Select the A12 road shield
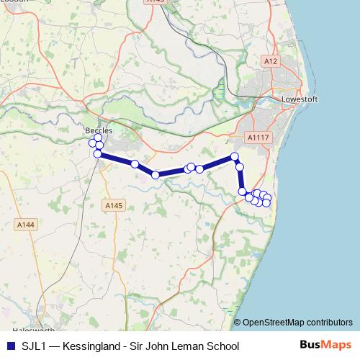pos(270,62)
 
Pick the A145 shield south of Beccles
pos(114,206)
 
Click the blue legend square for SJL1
pos(11,346)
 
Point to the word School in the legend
pos(221,346)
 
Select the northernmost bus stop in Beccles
pos(99,138)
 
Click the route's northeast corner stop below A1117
pos(234,156)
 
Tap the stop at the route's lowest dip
pos(155,174)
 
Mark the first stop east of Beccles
pos(135,163)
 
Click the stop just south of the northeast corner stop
pos(240,167)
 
